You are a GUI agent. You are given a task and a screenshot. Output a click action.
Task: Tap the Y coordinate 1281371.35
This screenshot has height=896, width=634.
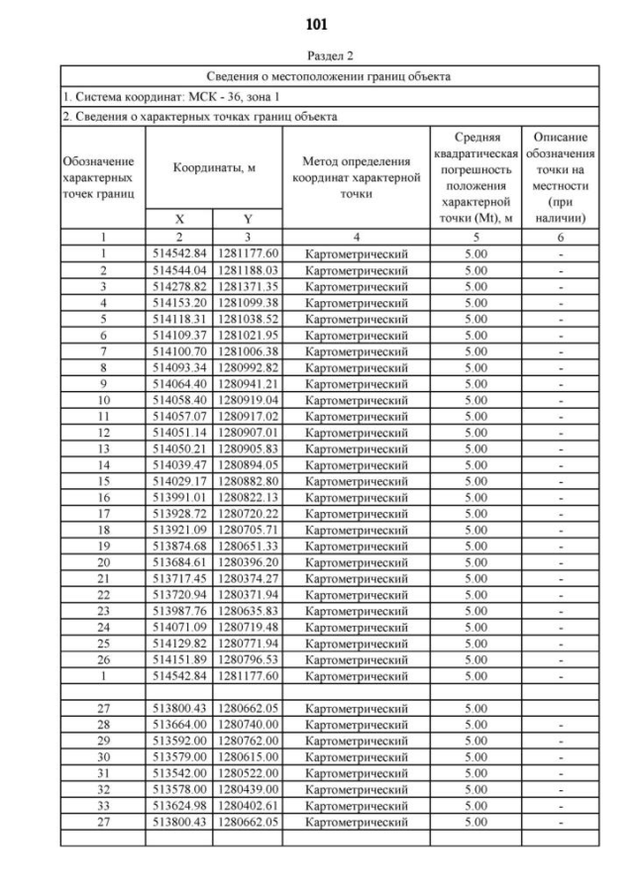(246, 284)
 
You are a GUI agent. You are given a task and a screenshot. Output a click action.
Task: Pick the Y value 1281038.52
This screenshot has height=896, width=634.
(246, 317)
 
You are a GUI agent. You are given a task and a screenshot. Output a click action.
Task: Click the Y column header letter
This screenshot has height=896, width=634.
(247, 220)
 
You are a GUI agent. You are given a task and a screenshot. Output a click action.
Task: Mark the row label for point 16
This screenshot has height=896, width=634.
(103, 496)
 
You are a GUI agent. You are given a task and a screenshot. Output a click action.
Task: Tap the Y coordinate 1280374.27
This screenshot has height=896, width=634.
(246, 577)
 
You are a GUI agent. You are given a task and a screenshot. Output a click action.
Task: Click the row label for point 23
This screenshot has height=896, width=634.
(103, 610)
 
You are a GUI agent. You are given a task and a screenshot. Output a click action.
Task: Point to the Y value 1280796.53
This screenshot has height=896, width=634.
(246, 658)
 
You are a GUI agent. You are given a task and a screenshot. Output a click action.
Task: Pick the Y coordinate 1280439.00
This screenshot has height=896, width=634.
(246, 789)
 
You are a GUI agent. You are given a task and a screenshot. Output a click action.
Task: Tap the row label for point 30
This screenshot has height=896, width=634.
(103, 756)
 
